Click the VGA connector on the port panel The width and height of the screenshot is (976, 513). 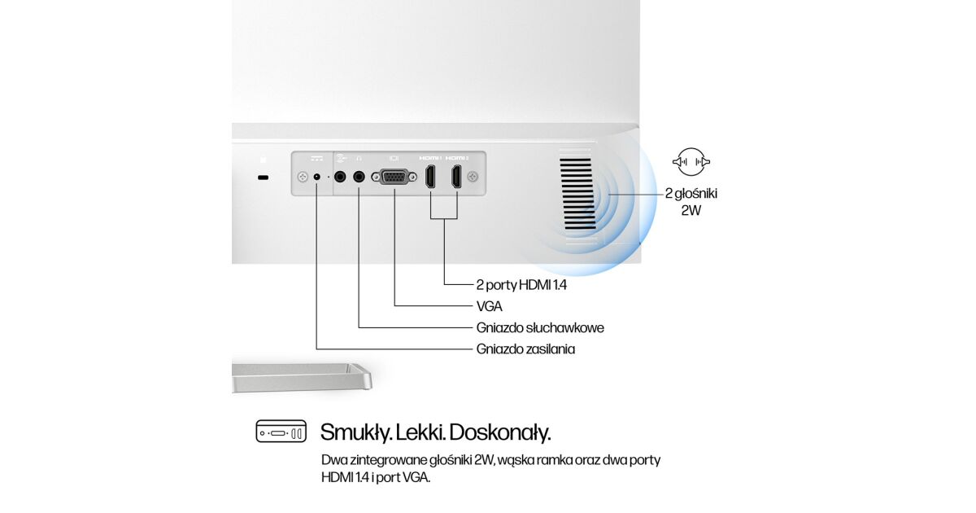tap(394, 178)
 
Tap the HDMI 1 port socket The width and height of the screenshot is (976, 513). tap(430, 177)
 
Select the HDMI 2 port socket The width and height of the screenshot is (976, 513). tap(456, 177)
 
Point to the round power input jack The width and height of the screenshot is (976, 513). tap(316, 178)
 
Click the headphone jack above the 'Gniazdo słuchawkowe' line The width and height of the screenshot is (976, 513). tap(359, 177)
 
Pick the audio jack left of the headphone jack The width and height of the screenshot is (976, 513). tap(340, 177)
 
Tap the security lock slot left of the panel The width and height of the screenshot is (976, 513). tap(264, 178)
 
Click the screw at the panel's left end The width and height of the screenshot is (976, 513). tap(303, 178)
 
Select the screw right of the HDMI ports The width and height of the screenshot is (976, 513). tap(473, 177)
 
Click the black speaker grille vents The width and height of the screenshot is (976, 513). tap(577, 194)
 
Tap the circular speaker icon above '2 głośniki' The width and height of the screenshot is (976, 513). tap(691, 162)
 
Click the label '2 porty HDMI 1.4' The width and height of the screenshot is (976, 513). tap(521, 285)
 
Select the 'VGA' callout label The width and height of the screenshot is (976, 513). tap(490, 307)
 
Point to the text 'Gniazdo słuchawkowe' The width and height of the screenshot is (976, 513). tap(540, 327)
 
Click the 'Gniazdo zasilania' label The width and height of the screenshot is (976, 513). tap(525, 349)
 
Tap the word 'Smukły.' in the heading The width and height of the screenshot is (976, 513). tap(355, 432)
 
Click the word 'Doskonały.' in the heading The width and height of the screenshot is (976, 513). tap(500, 432)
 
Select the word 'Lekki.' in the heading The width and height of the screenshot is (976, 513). tap(420, 432)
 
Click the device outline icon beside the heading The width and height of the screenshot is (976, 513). tap(281, 432)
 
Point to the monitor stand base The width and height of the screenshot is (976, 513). tap(302, 377)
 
